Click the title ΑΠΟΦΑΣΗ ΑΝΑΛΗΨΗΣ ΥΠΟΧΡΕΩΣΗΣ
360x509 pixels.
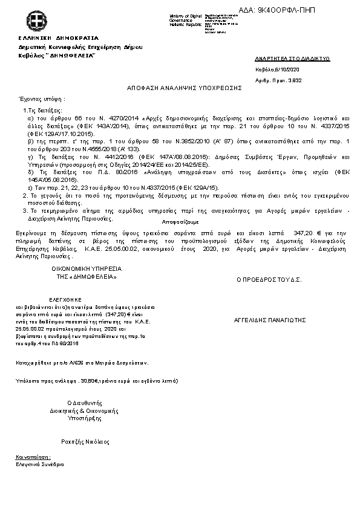pyautogui.click(x=184, y=88)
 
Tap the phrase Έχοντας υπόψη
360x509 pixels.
pyautogui.click(x=42, y=98)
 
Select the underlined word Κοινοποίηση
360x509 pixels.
pyautogui.click(x=33, y=458)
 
